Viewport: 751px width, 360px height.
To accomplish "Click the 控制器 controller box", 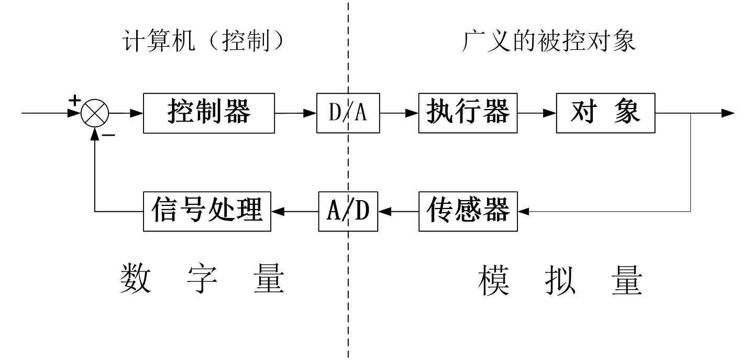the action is tap(209, 113).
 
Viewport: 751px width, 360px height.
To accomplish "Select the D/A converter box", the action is tap(348, 113).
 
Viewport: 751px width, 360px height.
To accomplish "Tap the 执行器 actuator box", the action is tap(468, 113).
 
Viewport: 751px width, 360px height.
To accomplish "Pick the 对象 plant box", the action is tap(605, 113).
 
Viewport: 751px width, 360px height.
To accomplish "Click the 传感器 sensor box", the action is tap(468, 211).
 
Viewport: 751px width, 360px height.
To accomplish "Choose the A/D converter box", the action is tap(348, 211).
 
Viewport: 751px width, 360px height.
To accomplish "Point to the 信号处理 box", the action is tap(207, 211).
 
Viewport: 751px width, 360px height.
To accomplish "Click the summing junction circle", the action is tap(95, 113).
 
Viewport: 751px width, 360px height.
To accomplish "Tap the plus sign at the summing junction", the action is tap(75, 100).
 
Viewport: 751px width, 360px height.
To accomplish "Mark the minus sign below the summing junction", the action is tap(108, 135).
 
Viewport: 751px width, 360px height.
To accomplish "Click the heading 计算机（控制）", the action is tap(203, 41).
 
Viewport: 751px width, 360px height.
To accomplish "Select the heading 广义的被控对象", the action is tap(548, 41).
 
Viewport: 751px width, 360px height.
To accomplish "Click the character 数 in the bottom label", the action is tap(136, 278).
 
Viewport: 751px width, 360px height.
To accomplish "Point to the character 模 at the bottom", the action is tap(493, 280).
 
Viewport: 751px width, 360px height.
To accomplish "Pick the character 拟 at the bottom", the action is tap(560, 280).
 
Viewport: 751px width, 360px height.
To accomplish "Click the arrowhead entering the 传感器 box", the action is tap(523, 211).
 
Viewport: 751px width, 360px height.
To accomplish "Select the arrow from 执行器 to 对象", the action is tap(537, 113).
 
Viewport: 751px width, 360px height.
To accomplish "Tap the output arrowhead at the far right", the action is tap(728, 113).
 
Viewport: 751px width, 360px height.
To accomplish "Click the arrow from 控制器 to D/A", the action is tap(295, 113).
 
